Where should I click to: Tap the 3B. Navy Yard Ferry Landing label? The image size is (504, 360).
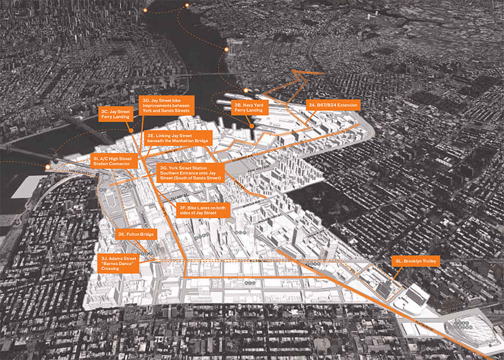[x=250, y=108]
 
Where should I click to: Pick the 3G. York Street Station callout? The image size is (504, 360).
[x=190, y=173]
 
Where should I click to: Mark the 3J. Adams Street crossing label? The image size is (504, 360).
[x=119, y=263]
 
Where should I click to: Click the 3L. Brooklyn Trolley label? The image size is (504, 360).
[x=412, y=261]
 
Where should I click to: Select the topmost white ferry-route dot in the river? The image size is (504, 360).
[x=186, y=5]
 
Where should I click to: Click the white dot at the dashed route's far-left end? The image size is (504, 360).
[x=47, y=166]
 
